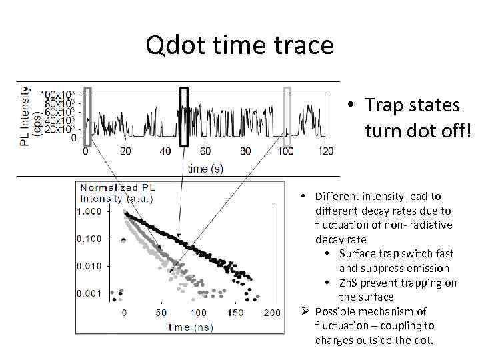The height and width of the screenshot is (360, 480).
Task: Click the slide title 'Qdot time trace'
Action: coord(239,45)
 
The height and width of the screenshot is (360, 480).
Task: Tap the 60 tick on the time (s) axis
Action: coord(206,151)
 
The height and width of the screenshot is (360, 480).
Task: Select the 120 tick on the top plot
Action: coord(326,151)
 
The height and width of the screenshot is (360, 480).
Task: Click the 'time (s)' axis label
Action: coord(205,169)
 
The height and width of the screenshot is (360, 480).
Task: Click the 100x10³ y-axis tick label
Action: coord(59,95)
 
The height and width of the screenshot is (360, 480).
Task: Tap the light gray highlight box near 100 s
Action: coord(287,117)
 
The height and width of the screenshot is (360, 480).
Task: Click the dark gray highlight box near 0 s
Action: coord(87,117)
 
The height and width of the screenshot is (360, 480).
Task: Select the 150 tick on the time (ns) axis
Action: coord(236,313)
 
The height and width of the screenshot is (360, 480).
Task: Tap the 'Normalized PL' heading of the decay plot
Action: coord(117,188)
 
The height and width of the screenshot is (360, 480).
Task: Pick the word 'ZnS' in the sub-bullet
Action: coord(350,283)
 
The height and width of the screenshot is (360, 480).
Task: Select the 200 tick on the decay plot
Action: coord(273,313)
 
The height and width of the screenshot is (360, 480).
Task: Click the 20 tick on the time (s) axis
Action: coord(125,151)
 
